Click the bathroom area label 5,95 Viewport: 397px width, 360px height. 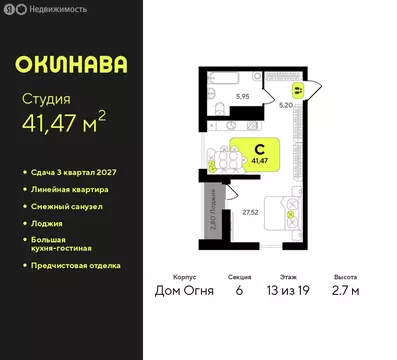[x=243, y=96]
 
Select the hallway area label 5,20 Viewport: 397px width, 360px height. [x=285, y=104]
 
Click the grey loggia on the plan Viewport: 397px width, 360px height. [x=215, y=213]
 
